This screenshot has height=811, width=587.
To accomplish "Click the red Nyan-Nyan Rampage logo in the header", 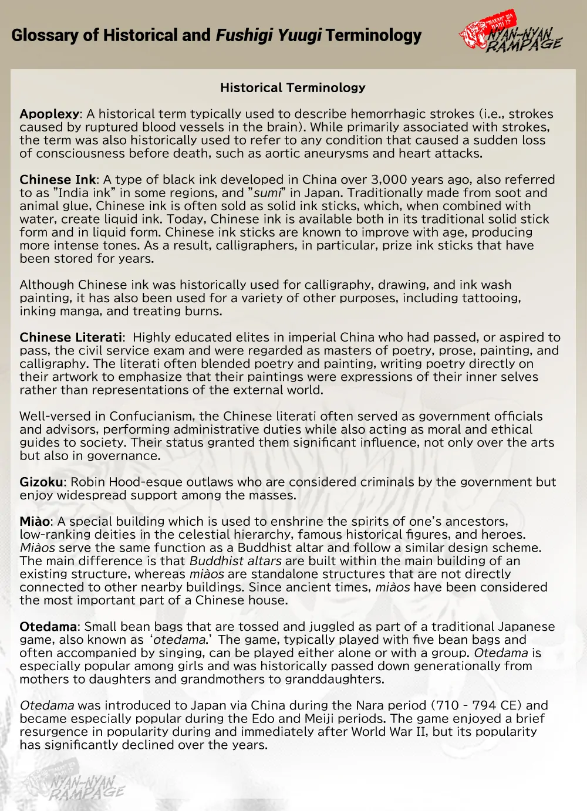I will [x=510, y=33].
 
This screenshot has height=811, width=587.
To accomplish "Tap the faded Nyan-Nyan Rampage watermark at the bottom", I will [x=87, y=785].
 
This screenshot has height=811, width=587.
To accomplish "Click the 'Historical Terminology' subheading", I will [x=293, y=88].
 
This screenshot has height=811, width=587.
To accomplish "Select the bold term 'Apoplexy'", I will [x=49, y=114].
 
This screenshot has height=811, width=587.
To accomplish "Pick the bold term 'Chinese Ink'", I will [x=58, y=180].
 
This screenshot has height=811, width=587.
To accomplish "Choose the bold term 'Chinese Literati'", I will [x=71, y=337].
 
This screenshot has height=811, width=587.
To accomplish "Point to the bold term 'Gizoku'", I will [x=41, y=482].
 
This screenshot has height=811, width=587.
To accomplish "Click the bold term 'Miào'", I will [x=35, y=522].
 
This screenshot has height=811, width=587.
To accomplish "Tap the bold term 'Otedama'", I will [x=48, y=627].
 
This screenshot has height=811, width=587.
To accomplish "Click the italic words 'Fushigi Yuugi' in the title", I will [x=268, y=36].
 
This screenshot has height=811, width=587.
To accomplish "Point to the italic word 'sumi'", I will [x=266, y=193].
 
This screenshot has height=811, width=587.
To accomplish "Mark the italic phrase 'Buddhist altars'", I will [x=235, y=561].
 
